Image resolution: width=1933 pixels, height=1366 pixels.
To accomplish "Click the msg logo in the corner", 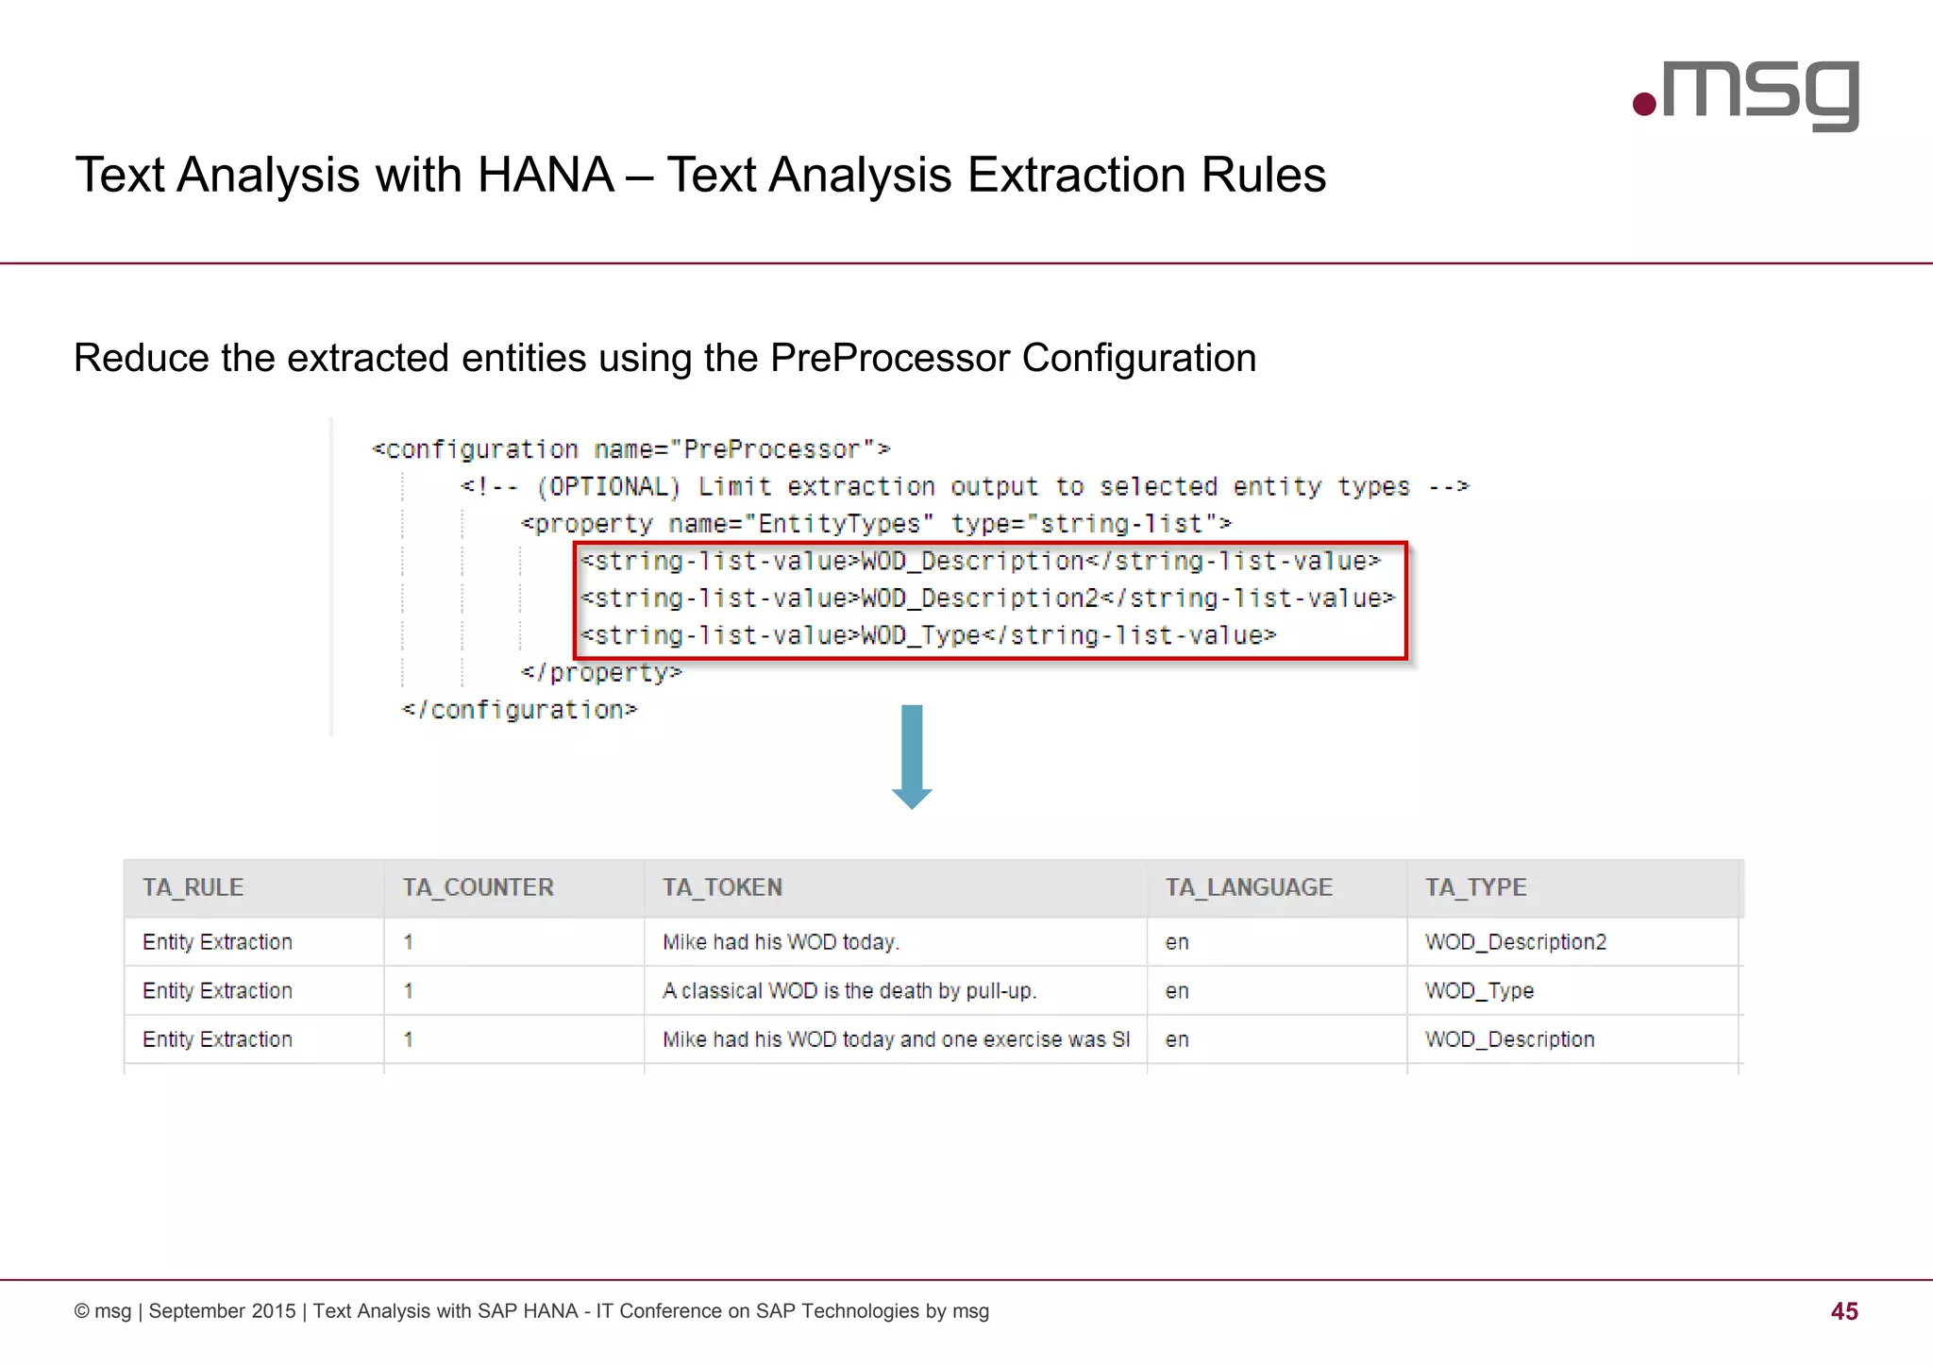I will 1746,94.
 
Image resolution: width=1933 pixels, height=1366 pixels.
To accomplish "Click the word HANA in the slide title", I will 546,176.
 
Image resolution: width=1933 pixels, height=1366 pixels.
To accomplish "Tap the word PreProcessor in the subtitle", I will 889,359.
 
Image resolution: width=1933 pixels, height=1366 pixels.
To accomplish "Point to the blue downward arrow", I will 912,756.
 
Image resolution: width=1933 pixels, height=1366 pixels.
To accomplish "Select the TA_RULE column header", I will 193,887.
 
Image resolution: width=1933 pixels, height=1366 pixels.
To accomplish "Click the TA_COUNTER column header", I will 478,887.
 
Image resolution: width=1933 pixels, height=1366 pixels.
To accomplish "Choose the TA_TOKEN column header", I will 722,887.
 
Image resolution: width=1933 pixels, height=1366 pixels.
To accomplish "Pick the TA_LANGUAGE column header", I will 1248,887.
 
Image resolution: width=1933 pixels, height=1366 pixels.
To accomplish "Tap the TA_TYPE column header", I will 1475,887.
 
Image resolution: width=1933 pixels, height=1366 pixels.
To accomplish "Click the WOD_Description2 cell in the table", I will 1515,942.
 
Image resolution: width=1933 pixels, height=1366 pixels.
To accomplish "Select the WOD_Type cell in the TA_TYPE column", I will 1479,991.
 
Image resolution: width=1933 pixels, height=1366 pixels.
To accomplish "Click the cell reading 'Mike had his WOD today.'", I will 781,942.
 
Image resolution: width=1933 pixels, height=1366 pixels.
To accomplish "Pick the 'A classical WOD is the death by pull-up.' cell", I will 849,991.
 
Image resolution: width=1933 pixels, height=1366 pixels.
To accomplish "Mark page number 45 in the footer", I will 1843,1311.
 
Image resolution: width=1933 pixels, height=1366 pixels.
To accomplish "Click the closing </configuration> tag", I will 519,710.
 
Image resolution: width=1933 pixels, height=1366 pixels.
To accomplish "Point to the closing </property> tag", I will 601,673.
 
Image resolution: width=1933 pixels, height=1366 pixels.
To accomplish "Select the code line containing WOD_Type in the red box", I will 928,636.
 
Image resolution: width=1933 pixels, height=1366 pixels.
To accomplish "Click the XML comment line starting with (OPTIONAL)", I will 964,487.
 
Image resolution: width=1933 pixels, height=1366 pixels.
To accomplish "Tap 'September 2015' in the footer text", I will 222,1311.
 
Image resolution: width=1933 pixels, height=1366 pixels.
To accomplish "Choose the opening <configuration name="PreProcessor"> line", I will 630,449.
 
